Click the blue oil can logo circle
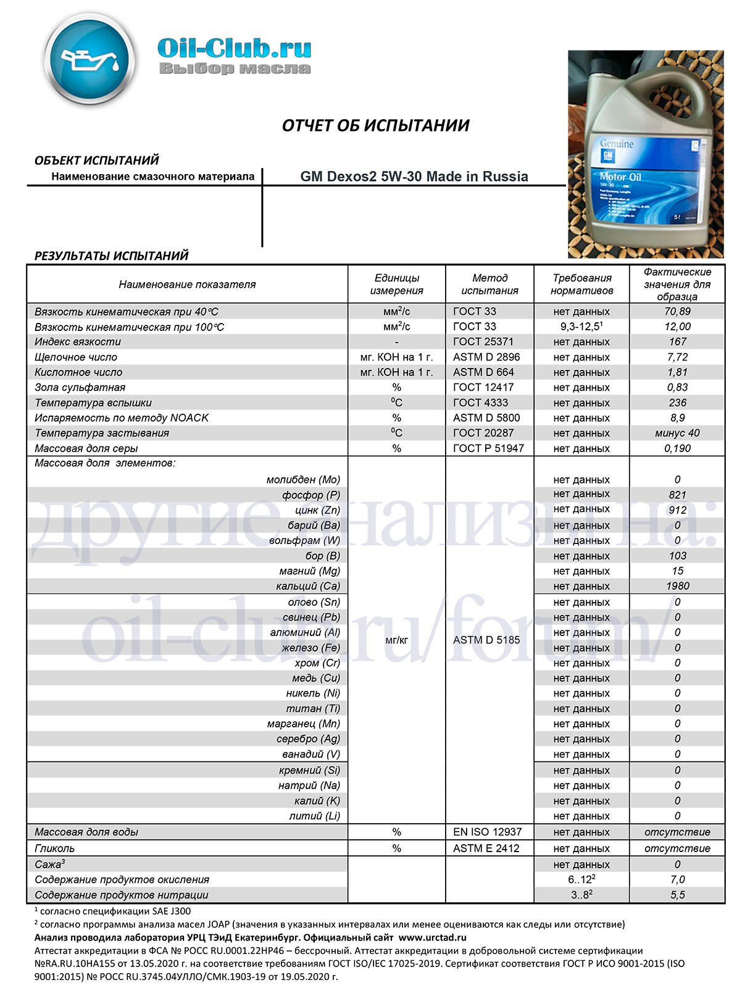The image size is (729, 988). click(90, 58)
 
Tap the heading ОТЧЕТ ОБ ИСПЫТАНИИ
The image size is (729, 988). click(375, 126)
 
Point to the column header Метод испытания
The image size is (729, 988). click(489, 284)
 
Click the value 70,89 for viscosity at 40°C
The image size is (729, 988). click(677, 311)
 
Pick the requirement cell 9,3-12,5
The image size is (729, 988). click(581, 327)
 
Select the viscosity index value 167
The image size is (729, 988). click(677, 341)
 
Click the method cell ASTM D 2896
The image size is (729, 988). click(486, 357)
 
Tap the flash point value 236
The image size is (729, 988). click(677, 403)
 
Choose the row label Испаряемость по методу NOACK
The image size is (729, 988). click(122, 418)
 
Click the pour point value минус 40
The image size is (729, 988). click(677, 433)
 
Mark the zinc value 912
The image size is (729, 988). click(677, 510)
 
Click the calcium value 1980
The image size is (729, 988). click(677, 586)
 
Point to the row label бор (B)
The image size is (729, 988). click(322, 556)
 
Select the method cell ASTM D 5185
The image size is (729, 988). click(486, 640)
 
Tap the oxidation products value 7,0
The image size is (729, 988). click(677, 879)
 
